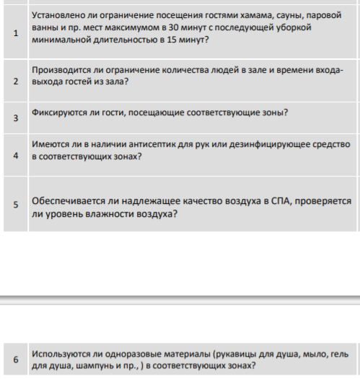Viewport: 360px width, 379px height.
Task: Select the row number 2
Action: click(x=16, y=81)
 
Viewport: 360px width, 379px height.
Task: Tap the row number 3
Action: click(x=16, y=118)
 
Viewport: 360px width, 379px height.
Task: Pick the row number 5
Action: click(x=16, y=204)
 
